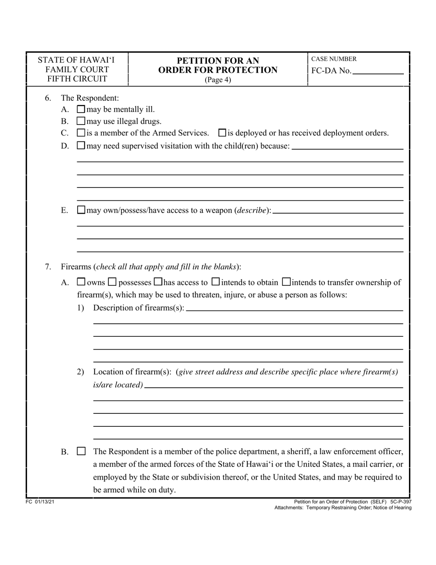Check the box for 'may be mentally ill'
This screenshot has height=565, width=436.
coord(81,109)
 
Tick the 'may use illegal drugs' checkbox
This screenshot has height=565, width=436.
coord(81,121)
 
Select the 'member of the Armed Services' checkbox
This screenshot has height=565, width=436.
coord(81,133)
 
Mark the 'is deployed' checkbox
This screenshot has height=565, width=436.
coord(223,133)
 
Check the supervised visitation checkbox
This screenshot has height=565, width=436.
coord(81,146)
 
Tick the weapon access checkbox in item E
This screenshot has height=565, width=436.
coord(81,210)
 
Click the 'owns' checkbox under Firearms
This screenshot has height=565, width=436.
coord(81,282)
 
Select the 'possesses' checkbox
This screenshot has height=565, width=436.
coord(113,282)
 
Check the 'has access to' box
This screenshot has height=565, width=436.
coord(158,282)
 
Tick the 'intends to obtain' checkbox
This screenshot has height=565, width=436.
coord(215,282)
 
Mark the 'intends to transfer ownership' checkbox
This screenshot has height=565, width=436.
coord(286,282)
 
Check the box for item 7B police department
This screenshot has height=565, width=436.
coord(81,452)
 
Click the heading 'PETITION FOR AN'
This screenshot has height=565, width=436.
coord(218,61)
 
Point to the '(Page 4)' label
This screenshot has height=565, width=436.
coord(218,79)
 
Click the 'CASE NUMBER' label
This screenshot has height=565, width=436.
coord(334,59)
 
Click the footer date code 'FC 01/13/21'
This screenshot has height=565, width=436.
coord(41,503)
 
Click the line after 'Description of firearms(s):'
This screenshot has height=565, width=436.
coord(294,310)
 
